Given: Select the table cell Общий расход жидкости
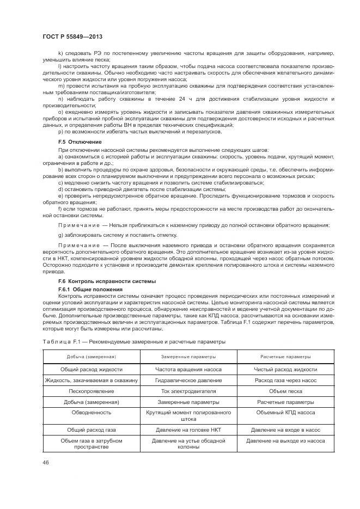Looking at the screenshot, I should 91,369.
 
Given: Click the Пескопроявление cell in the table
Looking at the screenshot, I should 91,391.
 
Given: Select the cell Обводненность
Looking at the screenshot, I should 91,413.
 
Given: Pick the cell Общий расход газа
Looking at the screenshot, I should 91,430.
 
